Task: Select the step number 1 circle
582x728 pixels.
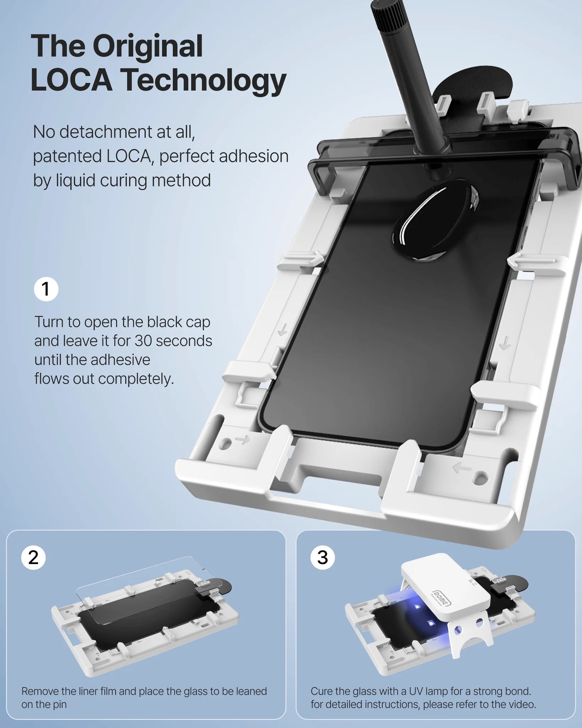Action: pos(46,289)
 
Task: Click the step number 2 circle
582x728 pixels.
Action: pos(33,558)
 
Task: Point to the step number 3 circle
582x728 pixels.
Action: pos(322,558)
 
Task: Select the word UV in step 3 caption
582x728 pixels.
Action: pos(416,691)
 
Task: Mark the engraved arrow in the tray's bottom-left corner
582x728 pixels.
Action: pos(242,440)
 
